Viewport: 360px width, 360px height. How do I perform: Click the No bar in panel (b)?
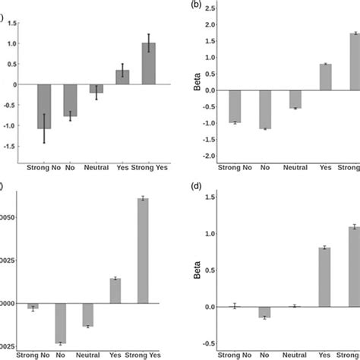coord(264,109)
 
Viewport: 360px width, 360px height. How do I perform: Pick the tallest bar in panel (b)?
coord(354,62)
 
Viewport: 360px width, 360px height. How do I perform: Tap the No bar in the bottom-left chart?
coord(71,323)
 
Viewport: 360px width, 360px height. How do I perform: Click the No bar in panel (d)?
coord(264,311)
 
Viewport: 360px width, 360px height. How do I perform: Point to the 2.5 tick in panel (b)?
coord(208,8)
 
